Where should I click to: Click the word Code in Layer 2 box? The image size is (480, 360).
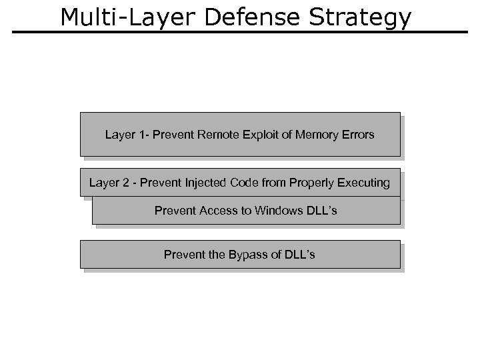coord(242,183)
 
